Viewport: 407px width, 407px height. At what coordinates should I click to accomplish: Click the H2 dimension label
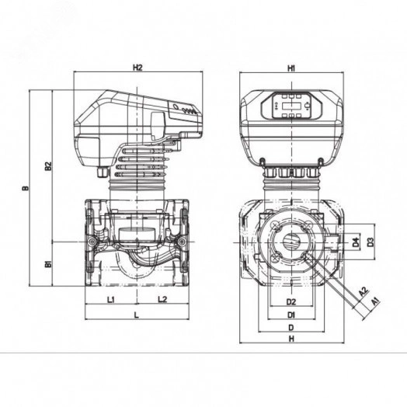tap(137, 68)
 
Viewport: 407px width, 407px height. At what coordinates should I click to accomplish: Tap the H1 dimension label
tap(291, 68)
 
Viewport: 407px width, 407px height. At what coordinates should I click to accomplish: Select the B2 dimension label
tap(48, 166)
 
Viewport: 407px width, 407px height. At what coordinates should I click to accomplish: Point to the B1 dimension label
tap(48, 265)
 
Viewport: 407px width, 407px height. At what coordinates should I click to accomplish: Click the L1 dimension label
tap(111, 300)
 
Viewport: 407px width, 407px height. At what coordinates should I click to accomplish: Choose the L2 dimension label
tap(162, 300)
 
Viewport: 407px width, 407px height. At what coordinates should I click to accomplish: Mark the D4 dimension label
tap(356, 242)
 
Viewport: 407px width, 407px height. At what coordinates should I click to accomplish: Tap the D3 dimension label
tap(371, 242)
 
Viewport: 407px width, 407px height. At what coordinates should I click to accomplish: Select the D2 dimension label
tap(291, 302)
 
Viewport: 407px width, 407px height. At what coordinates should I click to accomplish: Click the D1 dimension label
tap(291, 315)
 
